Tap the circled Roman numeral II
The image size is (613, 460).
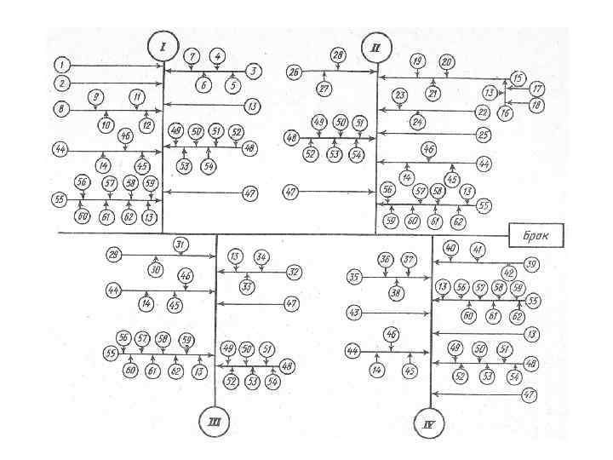pos(375,48)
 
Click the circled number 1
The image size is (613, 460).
pos(61,65)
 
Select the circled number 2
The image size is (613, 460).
pos(61,83)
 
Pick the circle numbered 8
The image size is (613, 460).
pos(61,109)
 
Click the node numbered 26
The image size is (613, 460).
pos(295,72)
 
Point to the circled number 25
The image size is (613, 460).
pos(483,134)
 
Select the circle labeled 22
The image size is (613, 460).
pos(483,111)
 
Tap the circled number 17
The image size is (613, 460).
pos(537,88)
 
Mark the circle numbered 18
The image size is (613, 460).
pos(537,104)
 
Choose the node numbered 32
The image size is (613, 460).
pos(295,273)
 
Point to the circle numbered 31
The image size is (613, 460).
pos(180,244)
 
